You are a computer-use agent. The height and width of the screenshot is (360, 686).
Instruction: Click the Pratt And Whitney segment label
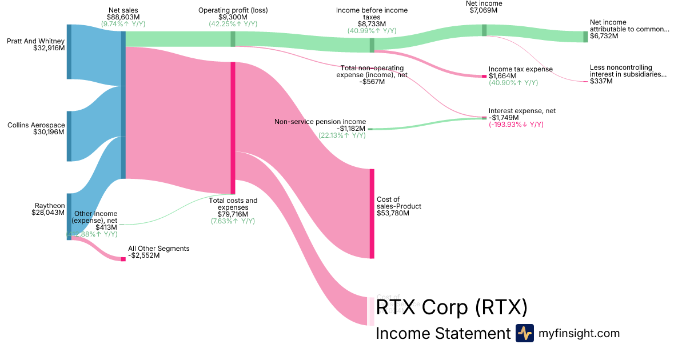pyautogui.click(x=35, y=41)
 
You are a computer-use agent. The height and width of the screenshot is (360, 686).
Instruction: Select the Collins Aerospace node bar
pyautogui.click(x=69, y=136)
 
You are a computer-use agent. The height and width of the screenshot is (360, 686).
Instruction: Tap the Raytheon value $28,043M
pyautogui.click(x=48, y=213)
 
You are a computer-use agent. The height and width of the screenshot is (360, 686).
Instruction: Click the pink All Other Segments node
pyautogui.click(x=123, y=259)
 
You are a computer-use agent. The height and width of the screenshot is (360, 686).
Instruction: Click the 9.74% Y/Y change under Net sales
pyautogui.click(x=123, y=25)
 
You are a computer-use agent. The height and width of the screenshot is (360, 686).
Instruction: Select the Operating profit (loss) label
pyautogui.click(x=233, y=10)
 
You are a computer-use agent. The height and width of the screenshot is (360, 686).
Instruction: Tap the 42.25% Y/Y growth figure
pyautogui.click(x=233, y=24)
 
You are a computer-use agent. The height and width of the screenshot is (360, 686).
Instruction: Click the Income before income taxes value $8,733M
pyautogui.click(x=372, y=24)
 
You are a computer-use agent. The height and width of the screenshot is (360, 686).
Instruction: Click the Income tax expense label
pyautogui.click(x=520, y=69)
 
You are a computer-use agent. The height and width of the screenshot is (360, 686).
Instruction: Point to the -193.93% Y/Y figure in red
pyautogui.click(x=516, y=125)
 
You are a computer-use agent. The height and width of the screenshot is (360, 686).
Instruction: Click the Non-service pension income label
pyautogui.click(x=320, y=122)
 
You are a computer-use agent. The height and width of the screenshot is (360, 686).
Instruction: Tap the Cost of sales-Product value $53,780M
pyautogui.click(x=393, y=213)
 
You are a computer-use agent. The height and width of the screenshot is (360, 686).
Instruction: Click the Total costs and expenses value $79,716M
pyautogui.click(x=233, y=214)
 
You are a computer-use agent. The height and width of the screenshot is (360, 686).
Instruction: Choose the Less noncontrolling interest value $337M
pyautogui.click(x=601, y=81)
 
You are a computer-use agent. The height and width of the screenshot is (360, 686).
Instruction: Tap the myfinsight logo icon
pyautogui.click(x=524, y=333)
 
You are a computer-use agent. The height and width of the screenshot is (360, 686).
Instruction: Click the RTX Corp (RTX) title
pyautogui.click(x=451, y=307)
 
